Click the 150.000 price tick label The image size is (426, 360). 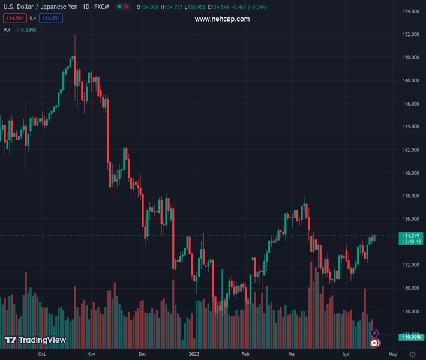(x=410, y=58)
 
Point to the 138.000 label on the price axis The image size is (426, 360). (x=410, y=196)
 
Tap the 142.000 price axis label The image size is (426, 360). (x=410, y=150)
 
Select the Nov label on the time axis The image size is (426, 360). (x=91, y=354)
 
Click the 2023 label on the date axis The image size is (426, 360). (x=194, y=354)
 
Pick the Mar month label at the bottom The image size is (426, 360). (x=292, y=354)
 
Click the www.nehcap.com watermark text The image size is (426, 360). (x=222, y=19)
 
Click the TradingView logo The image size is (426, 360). (x=35, y=340)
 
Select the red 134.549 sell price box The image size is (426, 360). (x=14, y=18)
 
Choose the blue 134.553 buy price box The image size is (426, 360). (x=51, y=18)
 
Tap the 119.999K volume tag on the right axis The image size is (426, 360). (x=413, y=337)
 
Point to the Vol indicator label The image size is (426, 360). (x=7, y=29)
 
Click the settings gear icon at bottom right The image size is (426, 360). (x=413, y=355)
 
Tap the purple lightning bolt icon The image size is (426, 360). (x=374, y=333)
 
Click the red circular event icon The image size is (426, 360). (x=374, y=343)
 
